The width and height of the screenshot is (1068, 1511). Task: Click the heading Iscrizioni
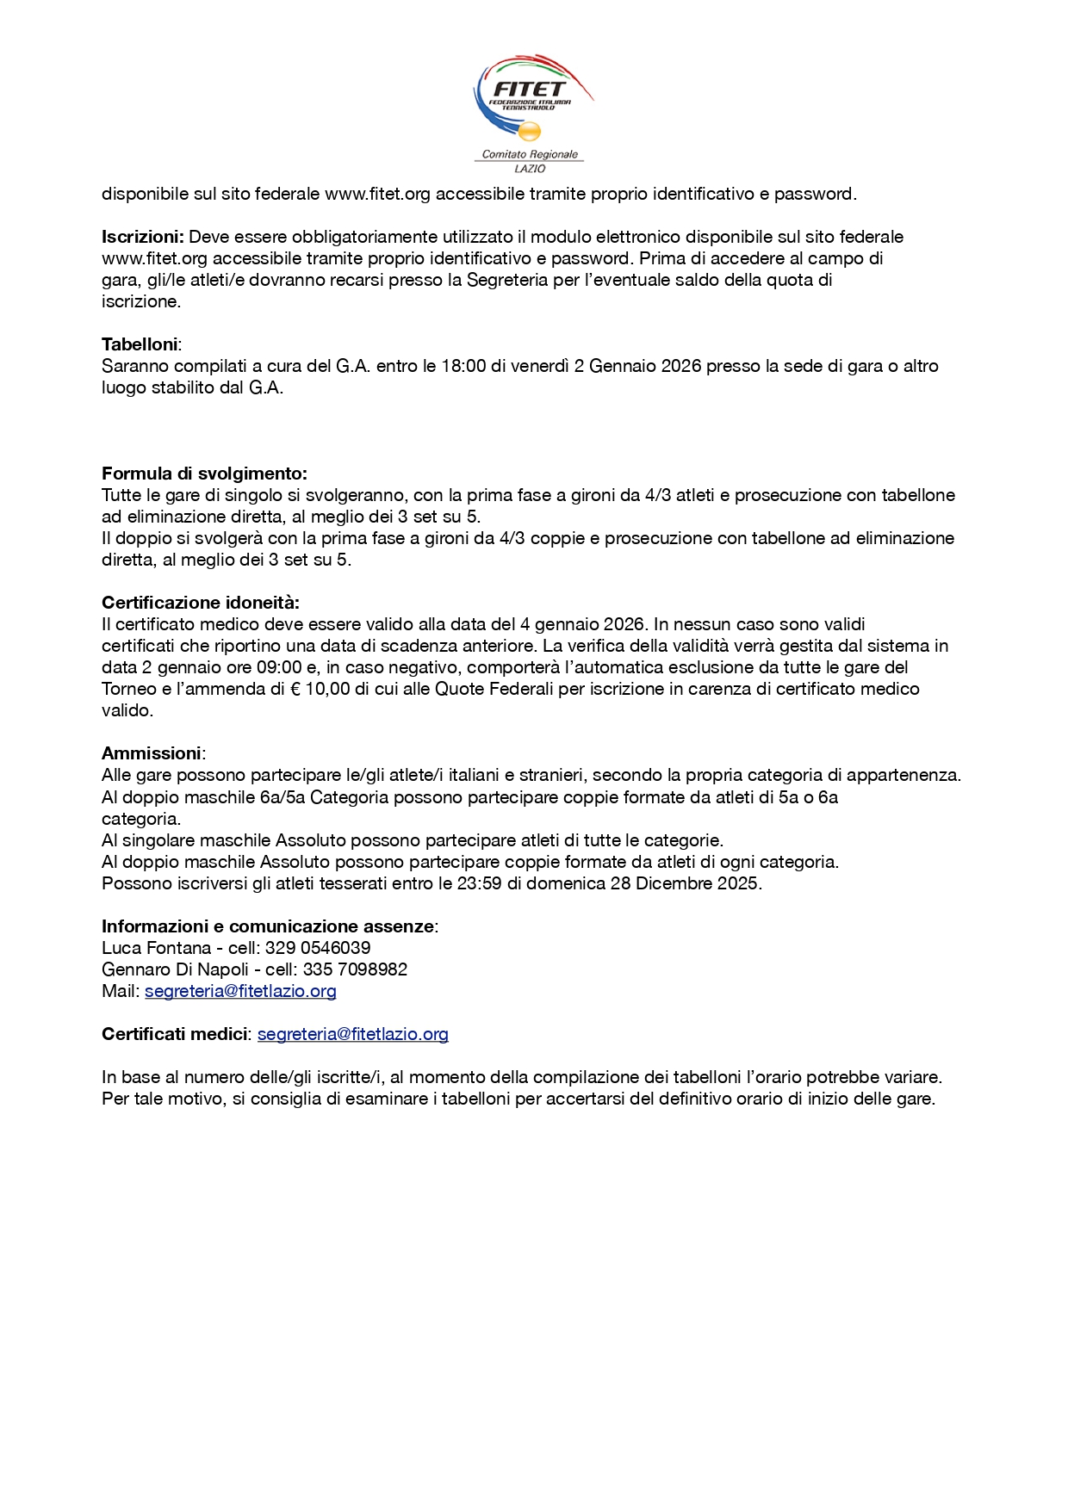[x=142, y=237]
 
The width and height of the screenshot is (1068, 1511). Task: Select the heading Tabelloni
[x=140, y=344]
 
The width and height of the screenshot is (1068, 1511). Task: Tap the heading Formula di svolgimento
[x=204, y=474]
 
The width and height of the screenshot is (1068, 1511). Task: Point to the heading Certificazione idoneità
[x=200, y=603]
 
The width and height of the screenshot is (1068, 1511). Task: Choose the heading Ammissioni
[x=152, y=753]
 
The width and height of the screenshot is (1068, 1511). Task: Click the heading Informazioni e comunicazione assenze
[x=268, y=926]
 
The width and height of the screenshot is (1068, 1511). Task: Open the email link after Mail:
[x=240, y=991]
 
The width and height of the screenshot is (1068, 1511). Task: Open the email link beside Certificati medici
[x=352, y=1034]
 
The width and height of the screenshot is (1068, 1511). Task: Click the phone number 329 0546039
[x=318, y=948]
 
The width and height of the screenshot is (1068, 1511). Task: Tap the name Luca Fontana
[x=156, y=948]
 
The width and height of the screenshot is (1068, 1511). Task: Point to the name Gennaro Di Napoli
[x=175, y=969]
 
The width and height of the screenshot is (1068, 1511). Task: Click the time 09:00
[x=279, y=667]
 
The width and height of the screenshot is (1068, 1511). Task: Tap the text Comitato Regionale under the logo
[x=530, y=155]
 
